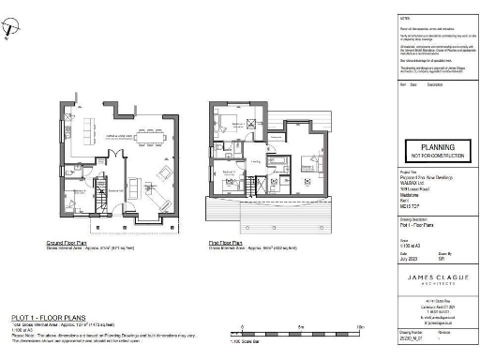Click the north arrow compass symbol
[10, 30]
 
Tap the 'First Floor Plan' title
[229, 242]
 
